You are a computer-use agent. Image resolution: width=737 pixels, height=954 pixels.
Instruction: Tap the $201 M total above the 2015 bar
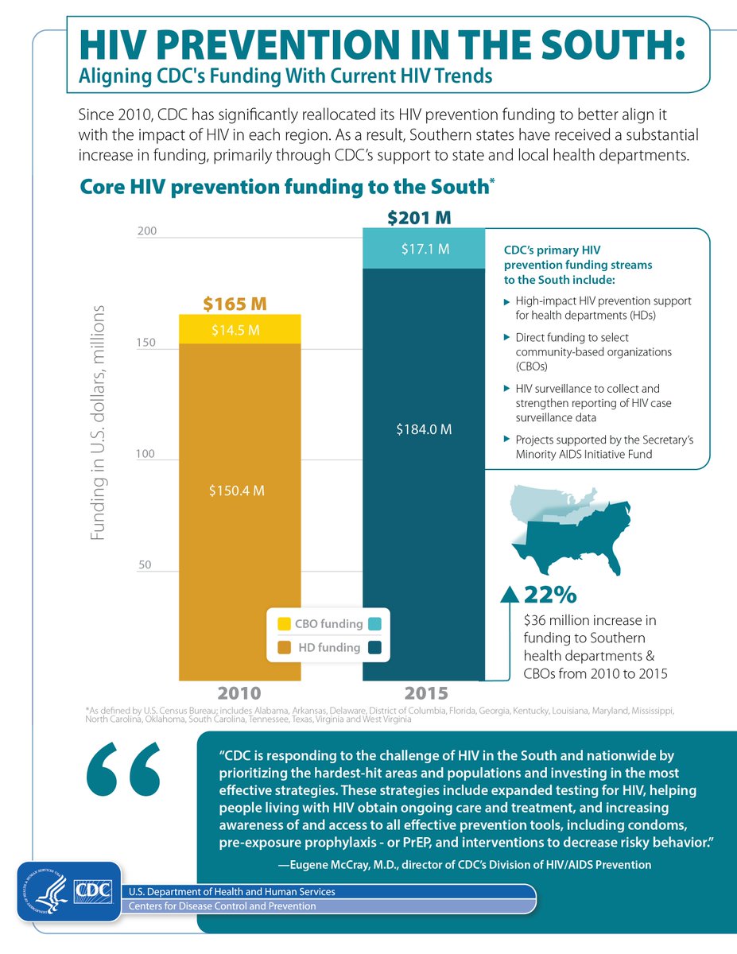tap(423, 216)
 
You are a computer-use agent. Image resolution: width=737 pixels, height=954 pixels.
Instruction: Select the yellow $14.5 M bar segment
tap(240, 330)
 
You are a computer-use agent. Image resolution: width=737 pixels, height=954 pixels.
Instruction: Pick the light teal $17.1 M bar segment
tap(423, 249)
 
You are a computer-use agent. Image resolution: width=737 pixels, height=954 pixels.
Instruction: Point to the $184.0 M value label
tap(424, 429)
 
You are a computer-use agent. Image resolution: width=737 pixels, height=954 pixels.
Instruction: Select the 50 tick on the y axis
tap(145, 565)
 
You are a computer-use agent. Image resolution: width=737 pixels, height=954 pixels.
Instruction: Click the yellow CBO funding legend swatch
tap(283, 624)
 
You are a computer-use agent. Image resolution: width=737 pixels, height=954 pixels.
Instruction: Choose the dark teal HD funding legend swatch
tap(375, 648)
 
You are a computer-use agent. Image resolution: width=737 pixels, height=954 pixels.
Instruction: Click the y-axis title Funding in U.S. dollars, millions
tap(97, 422)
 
